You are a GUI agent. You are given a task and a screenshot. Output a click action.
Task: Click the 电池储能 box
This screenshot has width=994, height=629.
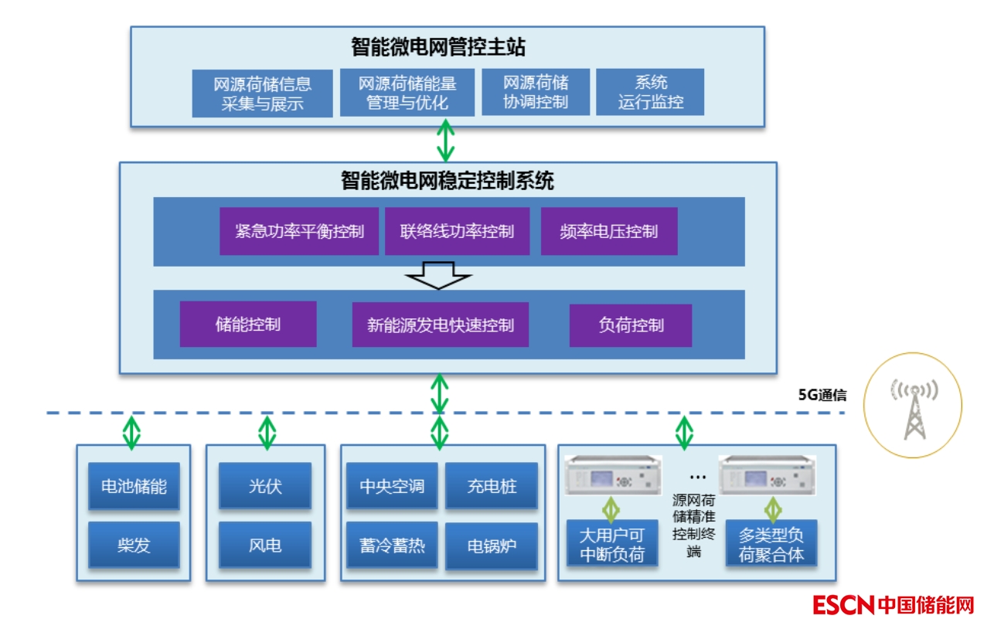click(x=134, y=486)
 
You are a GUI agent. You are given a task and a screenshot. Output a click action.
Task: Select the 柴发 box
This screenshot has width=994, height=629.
click(x=134, y=546)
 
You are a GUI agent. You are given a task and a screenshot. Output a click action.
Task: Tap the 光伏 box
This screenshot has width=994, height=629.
click(x=265, y=486)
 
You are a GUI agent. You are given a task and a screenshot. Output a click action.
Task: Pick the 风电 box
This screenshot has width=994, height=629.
click(x=265, y=546)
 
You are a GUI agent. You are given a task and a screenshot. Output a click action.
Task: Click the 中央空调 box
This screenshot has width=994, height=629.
click(x=392, y=486)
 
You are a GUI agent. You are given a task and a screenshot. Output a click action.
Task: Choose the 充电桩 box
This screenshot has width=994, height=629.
click(x=492, y=486)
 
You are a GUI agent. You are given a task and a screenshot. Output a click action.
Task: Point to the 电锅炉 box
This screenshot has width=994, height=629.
click(x=492, y=546)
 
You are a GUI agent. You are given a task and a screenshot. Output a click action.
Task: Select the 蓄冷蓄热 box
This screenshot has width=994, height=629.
click(x=392, y=546)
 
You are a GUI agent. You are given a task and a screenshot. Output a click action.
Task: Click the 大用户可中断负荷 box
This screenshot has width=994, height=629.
click(x=612, y=544)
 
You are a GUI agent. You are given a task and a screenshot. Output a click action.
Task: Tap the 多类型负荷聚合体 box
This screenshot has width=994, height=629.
click(x=771, y=544)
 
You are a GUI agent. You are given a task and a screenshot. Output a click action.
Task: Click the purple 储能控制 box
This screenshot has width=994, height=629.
click(x=248, y=324)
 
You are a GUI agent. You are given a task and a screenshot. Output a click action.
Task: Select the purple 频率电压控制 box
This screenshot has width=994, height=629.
click(x=608, y=231)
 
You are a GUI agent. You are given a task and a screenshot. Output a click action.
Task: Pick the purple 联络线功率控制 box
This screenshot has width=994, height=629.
click(x=457, y=231)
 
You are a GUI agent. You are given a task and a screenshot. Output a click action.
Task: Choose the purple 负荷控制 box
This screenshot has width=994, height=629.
click(x=631, y=325)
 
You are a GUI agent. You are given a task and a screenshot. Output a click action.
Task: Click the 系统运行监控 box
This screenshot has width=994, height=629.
click(x=650, y=92)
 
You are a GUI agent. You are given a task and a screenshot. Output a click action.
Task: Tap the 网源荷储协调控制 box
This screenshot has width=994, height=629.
click(x=536, y=92)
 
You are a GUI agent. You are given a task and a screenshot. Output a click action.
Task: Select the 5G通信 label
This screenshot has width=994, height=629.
click(x=822, y=396)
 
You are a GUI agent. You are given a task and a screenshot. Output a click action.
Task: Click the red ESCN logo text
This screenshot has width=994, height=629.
click(x=843, y=604)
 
